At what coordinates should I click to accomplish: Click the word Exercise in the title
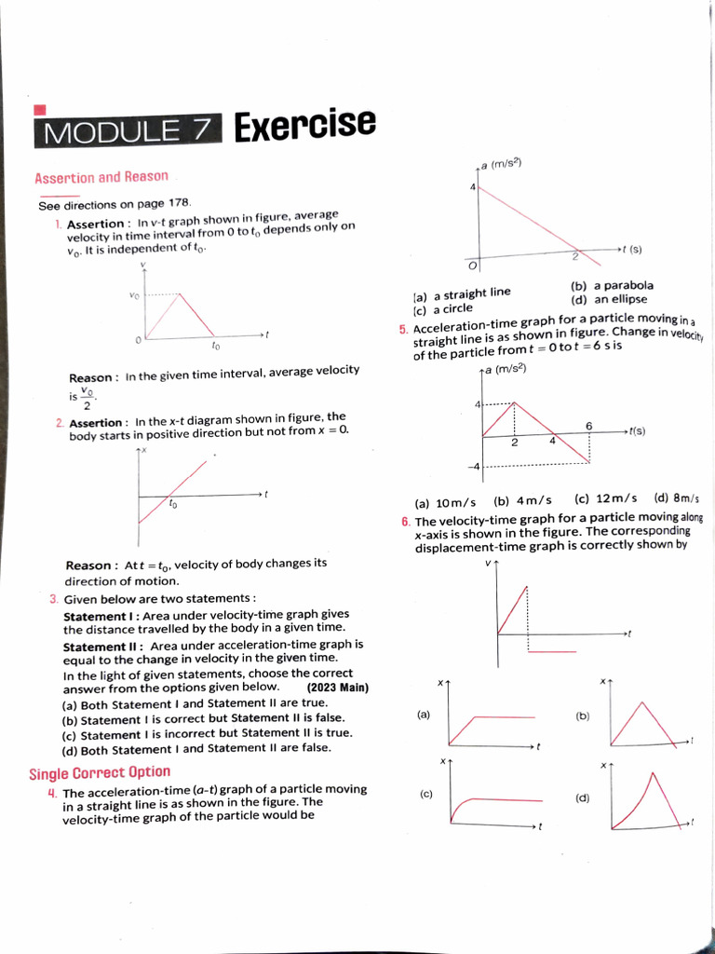[304, 126]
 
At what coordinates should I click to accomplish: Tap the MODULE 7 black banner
[128, 131]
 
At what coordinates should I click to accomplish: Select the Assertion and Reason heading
[101, 177]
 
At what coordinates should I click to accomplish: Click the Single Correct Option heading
[100, 772]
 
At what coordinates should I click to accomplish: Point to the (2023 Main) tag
[337, 688]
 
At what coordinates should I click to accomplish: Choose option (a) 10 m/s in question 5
[445, 502]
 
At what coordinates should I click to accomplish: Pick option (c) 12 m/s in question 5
[606, 499]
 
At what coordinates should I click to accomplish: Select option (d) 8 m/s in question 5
[677, 498]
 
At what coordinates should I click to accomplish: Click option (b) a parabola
[612, 285]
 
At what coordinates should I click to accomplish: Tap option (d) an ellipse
[610, 299]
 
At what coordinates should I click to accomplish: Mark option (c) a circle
[443, 308]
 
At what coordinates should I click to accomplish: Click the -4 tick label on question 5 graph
[475, 466]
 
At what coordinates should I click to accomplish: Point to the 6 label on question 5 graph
[589, 425]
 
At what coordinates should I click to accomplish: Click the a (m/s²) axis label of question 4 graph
[502, 163]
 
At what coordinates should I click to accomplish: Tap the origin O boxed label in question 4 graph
[472, 266]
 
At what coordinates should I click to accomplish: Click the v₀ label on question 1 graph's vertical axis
[134, 295]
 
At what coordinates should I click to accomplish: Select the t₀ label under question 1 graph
[215, 346]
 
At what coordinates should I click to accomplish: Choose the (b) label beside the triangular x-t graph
[583, 715]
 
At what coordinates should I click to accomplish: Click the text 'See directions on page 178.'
[115, 204]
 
